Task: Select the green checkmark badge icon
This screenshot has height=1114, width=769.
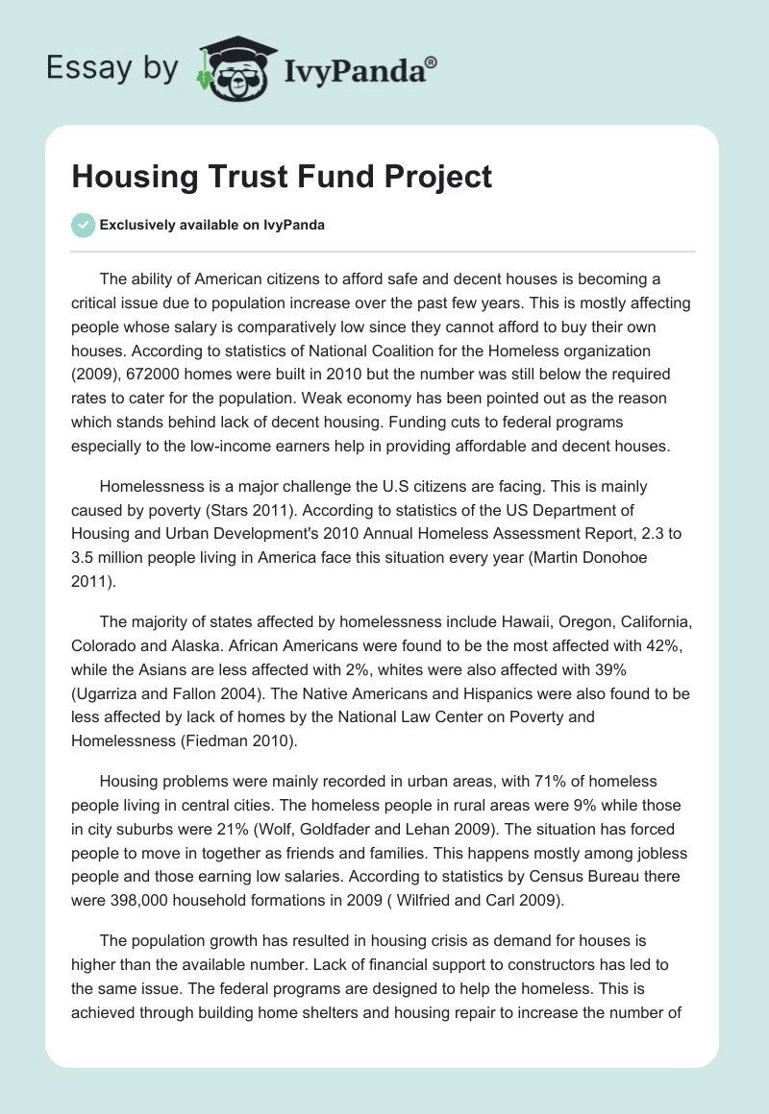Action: click(83, 226)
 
